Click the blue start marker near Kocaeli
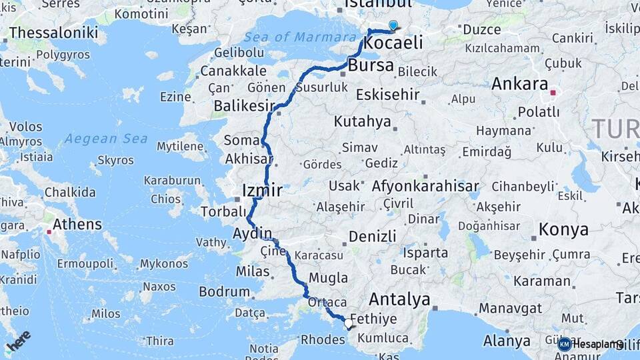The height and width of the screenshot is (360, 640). (393, 26)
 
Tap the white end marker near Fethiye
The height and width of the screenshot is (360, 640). (348, 323)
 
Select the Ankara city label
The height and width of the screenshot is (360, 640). (519, 85)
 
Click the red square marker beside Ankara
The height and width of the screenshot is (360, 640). (553, 93)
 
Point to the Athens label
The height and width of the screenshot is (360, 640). (77, 224)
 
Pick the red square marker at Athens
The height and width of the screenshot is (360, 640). (49, 233)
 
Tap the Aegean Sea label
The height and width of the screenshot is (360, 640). (97, 139)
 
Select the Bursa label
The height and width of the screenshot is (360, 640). (371, 66)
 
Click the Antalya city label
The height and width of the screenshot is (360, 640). (399, 299)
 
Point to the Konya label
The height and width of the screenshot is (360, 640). (563, 230)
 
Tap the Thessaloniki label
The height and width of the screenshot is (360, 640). (53, 33)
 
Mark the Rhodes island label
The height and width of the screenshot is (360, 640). (323, 339)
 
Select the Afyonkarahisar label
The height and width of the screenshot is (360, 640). (426, 186)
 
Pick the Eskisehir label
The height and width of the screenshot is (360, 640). (387, 95)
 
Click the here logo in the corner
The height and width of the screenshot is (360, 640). (19, 341)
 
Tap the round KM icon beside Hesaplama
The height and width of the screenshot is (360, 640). (564, 344)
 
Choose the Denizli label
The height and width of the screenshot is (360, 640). (372, 236)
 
